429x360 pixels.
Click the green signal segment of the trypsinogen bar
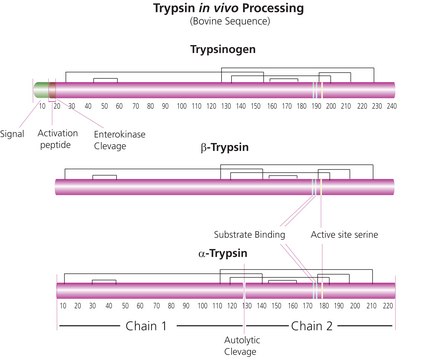(40, 90)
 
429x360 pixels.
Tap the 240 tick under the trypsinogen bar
(392, 105)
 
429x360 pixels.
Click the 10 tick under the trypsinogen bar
(42, 105)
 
